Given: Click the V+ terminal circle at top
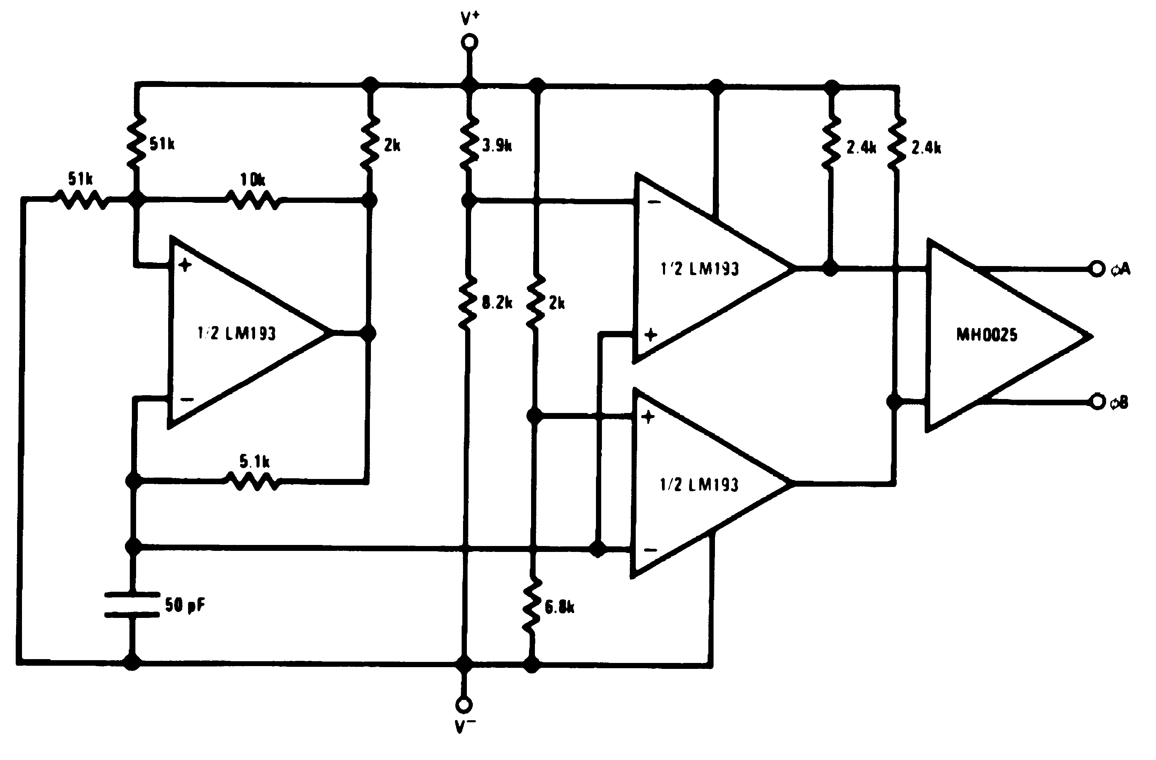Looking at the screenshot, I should click(469, 42).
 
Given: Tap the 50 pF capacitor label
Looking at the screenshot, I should click(185, 605).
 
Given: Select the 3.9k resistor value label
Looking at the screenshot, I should click(497, 145).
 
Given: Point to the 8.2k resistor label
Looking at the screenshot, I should click(497, 303).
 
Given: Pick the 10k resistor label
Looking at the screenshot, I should click(253, 180).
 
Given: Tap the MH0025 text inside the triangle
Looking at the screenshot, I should click(986, 335).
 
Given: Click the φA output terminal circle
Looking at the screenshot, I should click(1097, 268).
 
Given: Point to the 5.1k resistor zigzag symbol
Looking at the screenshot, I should click(253, 482).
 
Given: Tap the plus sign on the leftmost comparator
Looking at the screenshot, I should click(185, 265).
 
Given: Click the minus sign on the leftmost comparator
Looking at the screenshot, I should click(187, 399).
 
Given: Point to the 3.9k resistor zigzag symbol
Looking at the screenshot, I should click(468, 143).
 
